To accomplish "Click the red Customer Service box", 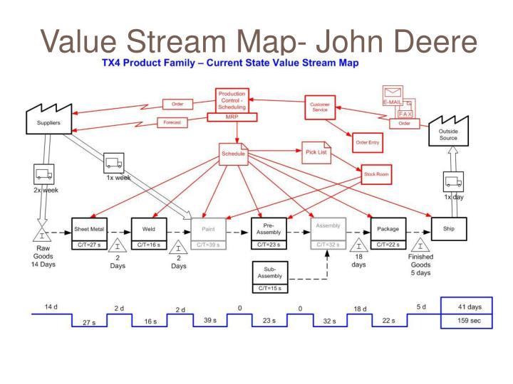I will (x=320, y=109).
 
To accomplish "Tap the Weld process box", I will (x=149, y=229).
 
